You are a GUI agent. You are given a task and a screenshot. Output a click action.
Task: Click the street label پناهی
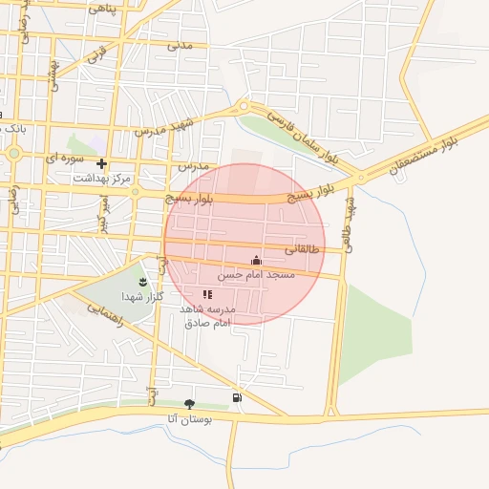[x=101, y=8]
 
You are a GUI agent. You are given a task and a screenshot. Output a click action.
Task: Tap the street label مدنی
[x=180, y=44]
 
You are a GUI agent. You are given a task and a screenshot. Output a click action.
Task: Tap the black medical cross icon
[x=101, y=163]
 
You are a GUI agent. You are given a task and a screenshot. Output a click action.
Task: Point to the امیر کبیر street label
[x=103, y=212]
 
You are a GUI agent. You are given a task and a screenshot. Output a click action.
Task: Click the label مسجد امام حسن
[x=256, y=275]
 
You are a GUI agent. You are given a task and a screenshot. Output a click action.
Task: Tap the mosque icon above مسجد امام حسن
[x=255, y=260]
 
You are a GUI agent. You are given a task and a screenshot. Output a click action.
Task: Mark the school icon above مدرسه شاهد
[x=207, y=294]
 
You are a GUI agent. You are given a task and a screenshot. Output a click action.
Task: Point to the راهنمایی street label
[x=105, y=316]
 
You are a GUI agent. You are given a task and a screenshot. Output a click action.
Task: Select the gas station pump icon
[x=236, y=396]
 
